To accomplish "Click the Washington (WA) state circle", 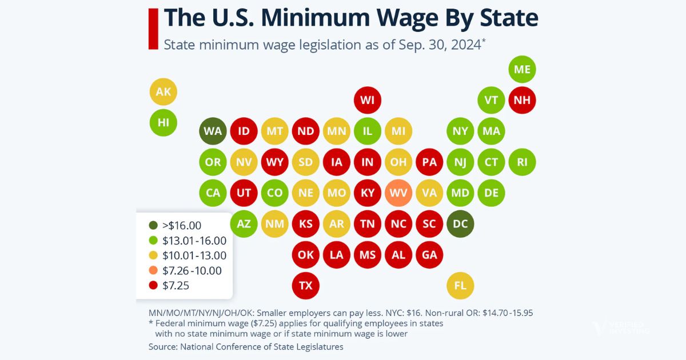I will tap(213, 131).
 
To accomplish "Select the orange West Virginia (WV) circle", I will tap(398, 193).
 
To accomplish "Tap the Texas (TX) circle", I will tap(306, 285).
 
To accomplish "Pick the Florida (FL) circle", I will tap(460, 285).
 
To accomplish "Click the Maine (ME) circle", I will tap(522, 69).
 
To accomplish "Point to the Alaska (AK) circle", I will tap(163, 91).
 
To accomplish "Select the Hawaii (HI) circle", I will tap(163, 122).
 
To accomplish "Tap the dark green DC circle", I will tap(460, 223).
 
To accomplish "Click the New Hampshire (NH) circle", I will tap(522, 100).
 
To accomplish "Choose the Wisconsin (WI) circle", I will tap(368, 100).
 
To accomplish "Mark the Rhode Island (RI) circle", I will tap(522, 162).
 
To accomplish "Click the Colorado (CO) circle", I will tap(275, 193).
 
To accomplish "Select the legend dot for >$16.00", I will tap(152, 225).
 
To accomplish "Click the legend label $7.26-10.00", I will tap(193, 271).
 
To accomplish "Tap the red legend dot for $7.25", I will tap(152, 286).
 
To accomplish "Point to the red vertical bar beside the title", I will tap(153, 29).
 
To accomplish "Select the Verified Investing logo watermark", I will tap(621, 328).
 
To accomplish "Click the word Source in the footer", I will tap(162, 346).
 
